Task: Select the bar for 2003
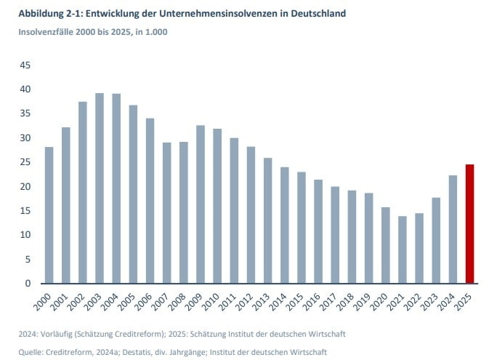pyautogui.click(x=100, y=188)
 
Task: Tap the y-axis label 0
pyautogui.click(x=28, y=284)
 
